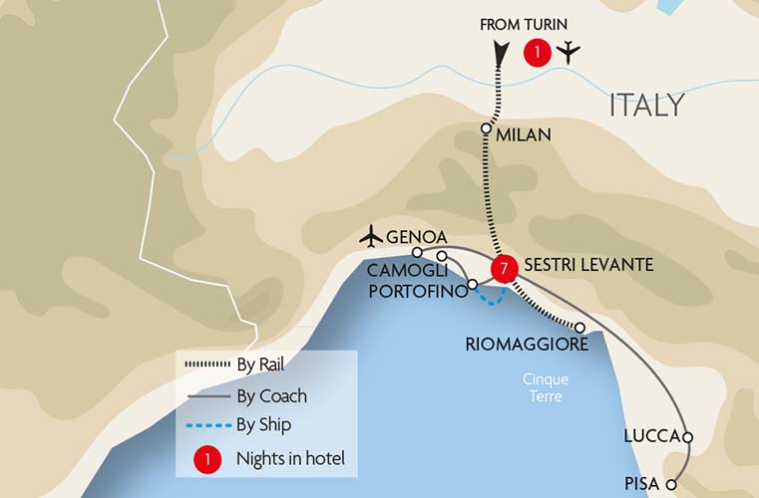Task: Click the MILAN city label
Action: (524, 134)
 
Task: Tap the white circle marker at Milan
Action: (487, 128)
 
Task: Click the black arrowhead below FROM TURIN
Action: (500, 53)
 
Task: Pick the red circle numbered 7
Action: (506, 267)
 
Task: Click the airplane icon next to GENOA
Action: (371, 237)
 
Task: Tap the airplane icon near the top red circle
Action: (568, 52)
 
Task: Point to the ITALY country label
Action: (646, 105)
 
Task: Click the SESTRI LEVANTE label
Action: (588, 265)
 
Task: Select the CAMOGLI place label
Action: (402, 271)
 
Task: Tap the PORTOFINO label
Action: (416, 290)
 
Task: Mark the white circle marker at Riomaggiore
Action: (579, 327)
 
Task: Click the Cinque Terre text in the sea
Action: (543, 387)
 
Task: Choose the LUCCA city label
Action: (650, 436)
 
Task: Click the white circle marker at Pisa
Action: (672, 485)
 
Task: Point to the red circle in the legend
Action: (206, 458)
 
